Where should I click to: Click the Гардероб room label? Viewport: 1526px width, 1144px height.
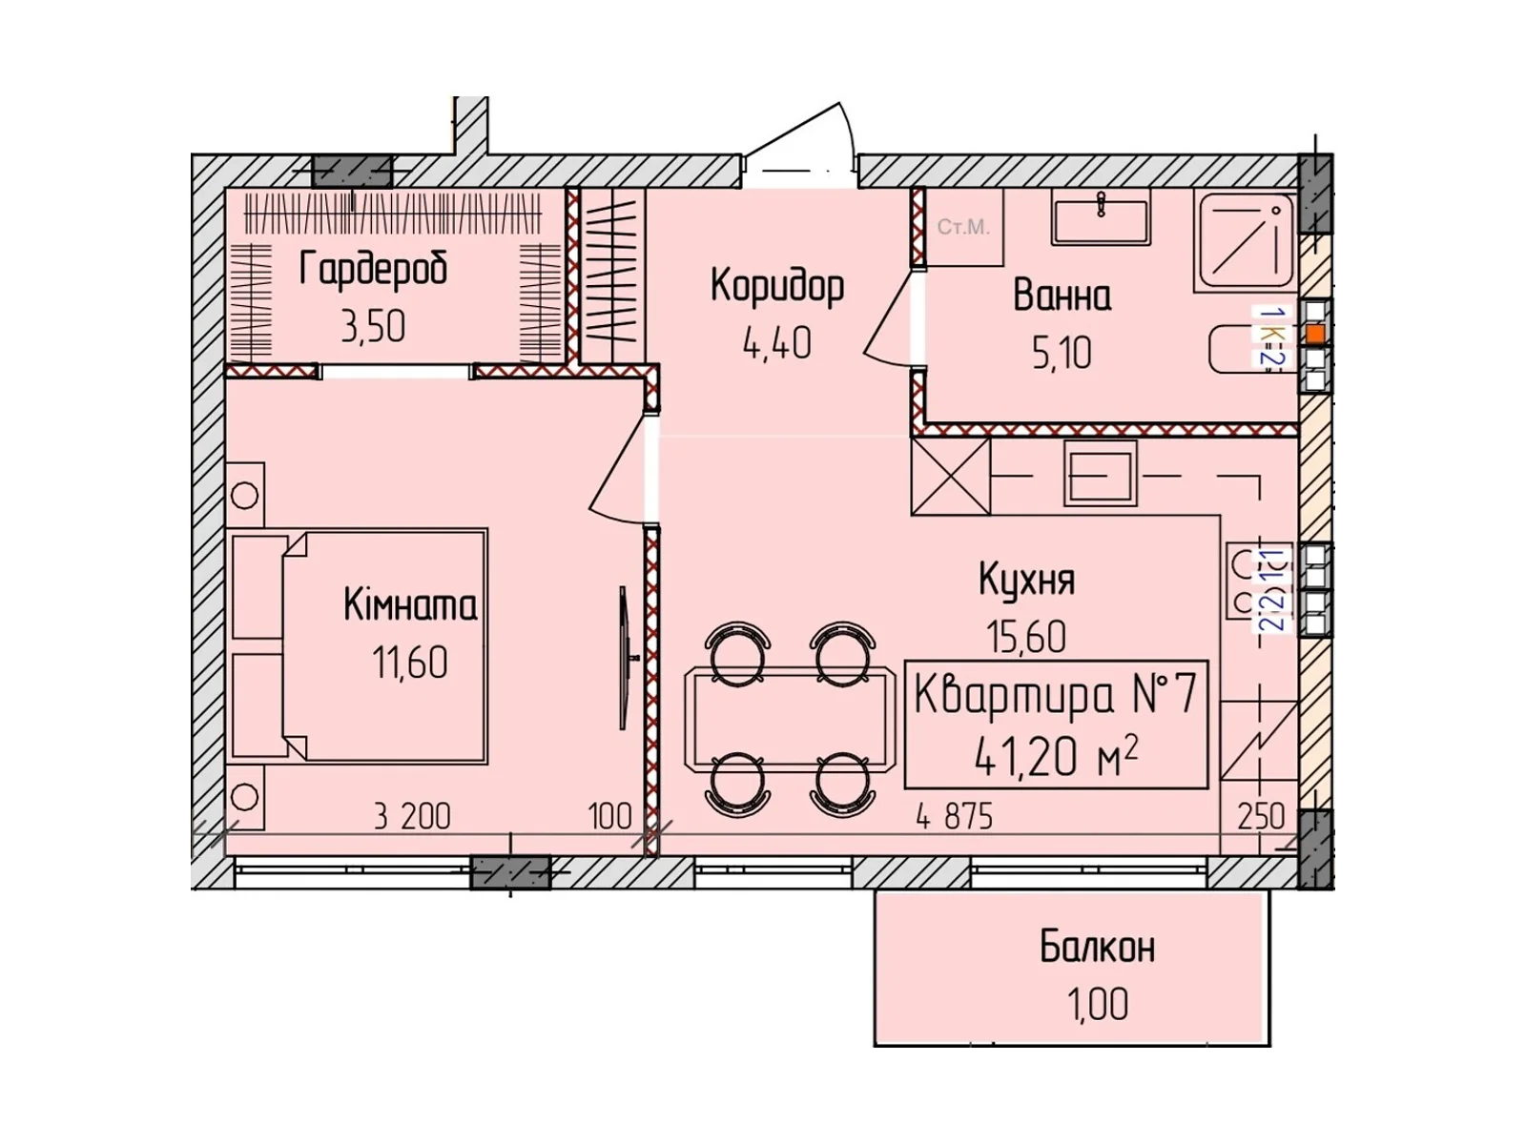tap(373, 269)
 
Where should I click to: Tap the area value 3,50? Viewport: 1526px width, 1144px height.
tap(373, 327)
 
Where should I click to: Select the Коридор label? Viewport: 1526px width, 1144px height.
tap(777, 286)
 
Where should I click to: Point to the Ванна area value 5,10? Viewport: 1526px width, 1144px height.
tap(1062, 354)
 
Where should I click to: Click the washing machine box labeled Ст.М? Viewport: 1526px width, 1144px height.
tap(963, 227)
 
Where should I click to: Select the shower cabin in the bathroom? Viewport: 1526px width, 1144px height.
tap(1245, 240)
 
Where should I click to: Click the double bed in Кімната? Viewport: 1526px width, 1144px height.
tap(381, 646)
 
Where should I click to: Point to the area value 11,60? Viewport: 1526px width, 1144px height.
tap(409, 663)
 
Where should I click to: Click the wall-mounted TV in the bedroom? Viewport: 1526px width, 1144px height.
tap(624, 658)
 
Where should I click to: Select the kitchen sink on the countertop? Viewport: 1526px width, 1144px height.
tap(1100, 474)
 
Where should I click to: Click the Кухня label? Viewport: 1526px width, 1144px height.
tap(1026, 580)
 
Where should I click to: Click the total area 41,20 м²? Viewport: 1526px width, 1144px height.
tap(1055, 757)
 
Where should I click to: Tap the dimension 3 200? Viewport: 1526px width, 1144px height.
tap(412, 817)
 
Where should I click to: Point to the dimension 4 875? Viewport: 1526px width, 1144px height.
tap(954, 817)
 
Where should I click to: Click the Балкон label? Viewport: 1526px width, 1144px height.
tap(1097, 948)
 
